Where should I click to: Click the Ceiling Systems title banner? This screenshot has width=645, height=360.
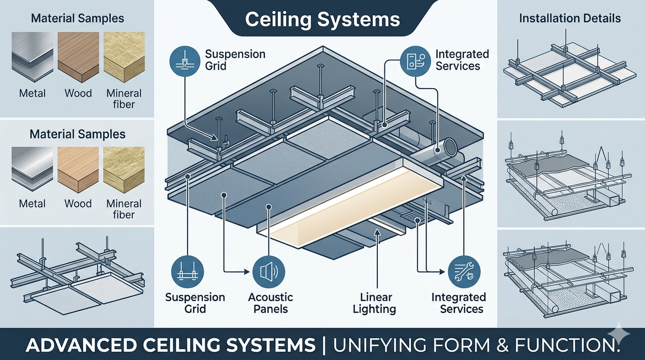pyautogui.click(x=322, y=20)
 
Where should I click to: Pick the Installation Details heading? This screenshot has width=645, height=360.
pyautogui.click(x=570, y=19)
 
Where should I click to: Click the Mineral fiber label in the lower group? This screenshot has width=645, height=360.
pyautogui.click(x=124, y=209)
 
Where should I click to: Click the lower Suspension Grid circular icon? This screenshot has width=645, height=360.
pyautogui.click(x=186, y=271)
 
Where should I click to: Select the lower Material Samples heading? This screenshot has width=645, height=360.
pyautogui.click(x=77, y=135)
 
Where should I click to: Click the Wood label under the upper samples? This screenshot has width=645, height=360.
pyautogui.click(x=78, y=93)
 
